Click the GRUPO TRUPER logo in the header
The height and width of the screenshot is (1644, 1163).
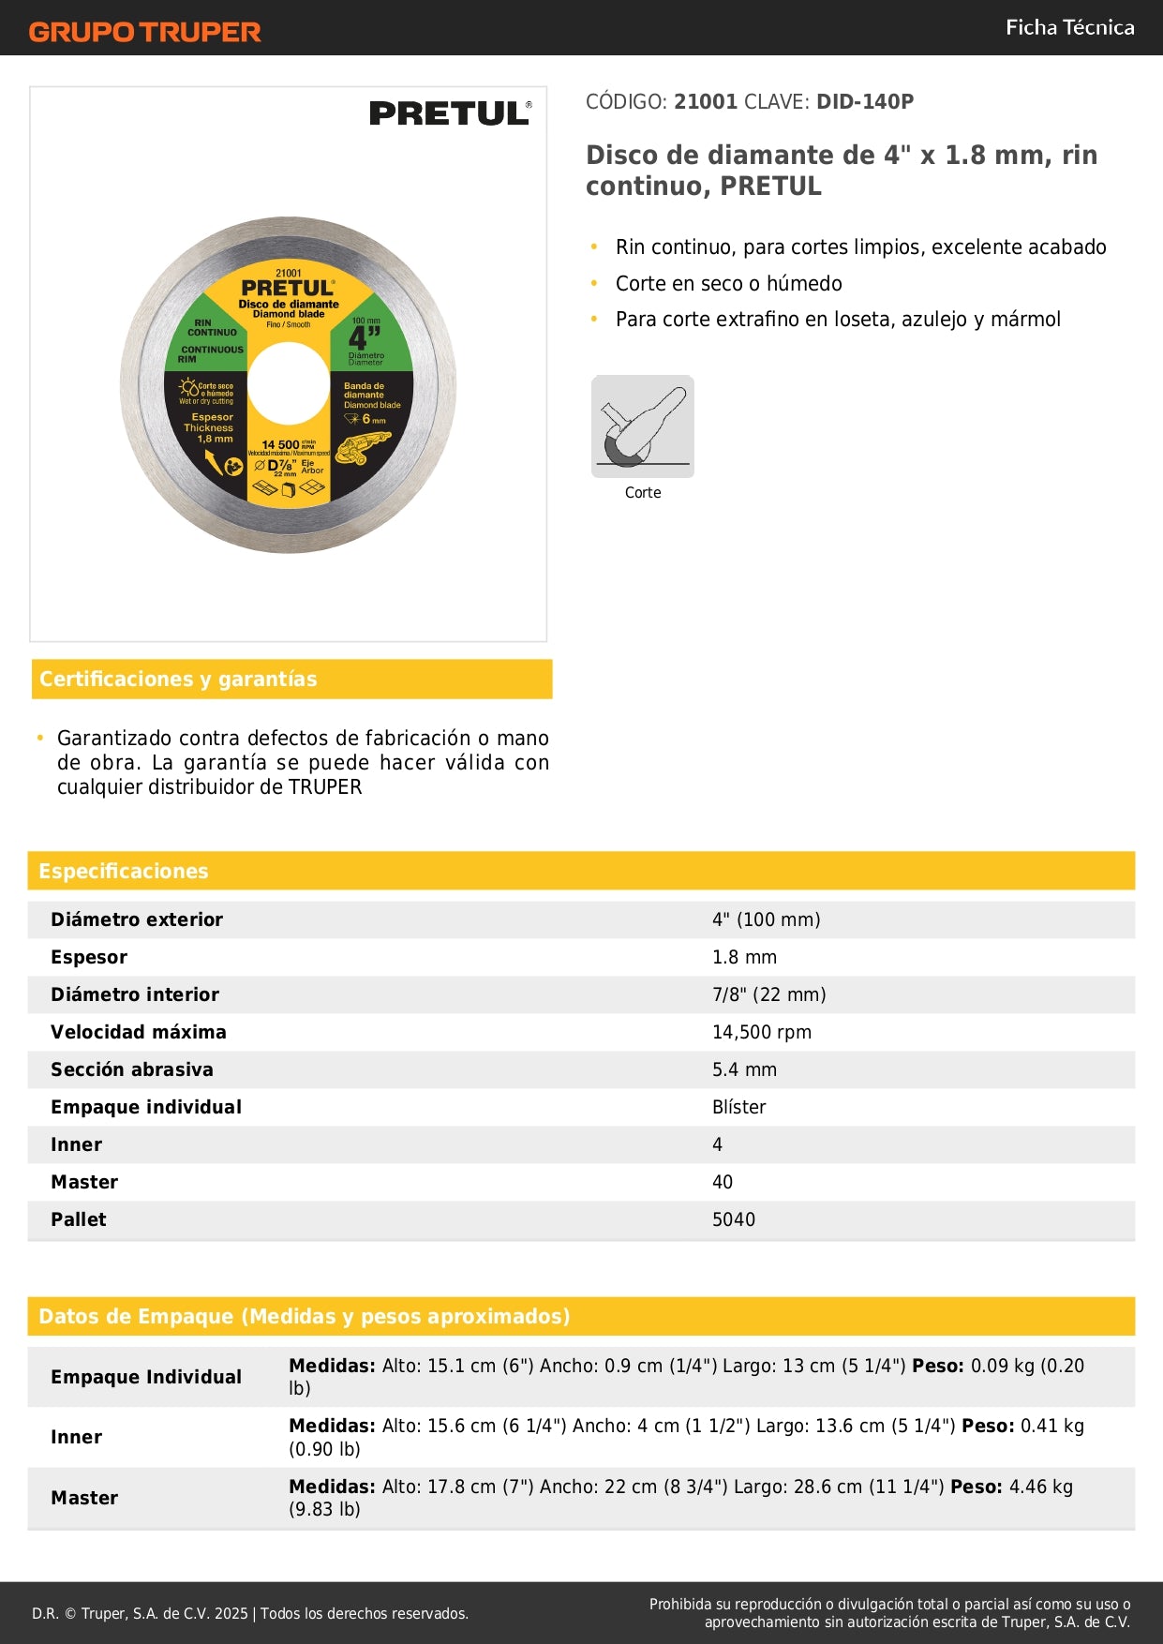144,32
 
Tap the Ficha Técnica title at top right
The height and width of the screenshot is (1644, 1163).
1069,27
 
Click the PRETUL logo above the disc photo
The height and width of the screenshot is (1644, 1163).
450,113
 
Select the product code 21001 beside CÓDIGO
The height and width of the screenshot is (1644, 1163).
706,101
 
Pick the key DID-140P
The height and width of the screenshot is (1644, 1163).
864,101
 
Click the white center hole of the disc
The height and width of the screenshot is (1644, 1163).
289,383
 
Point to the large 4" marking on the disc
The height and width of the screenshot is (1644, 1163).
365,337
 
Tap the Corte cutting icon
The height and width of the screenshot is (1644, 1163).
643,426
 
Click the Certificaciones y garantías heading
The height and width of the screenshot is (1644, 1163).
178,679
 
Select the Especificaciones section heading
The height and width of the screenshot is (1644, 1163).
124,871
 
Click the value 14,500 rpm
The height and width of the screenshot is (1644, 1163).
761,1032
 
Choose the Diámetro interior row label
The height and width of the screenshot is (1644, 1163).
135,994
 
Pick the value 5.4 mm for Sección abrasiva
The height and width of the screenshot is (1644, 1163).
744,1069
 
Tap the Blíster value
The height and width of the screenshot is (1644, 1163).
738,1107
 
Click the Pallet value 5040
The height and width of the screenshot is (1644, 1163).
733,1219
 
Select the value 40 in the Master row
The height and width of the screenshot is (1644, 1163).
722,1182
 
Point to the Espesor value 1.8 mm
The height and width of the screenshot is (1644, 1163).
744,957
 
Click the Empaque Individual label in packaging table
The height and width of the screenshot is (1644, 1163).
146,1377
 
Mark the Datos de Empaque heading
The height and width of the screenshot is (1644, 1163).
304,1316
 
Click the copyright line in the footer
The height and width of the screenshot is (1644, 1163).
249,1613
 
